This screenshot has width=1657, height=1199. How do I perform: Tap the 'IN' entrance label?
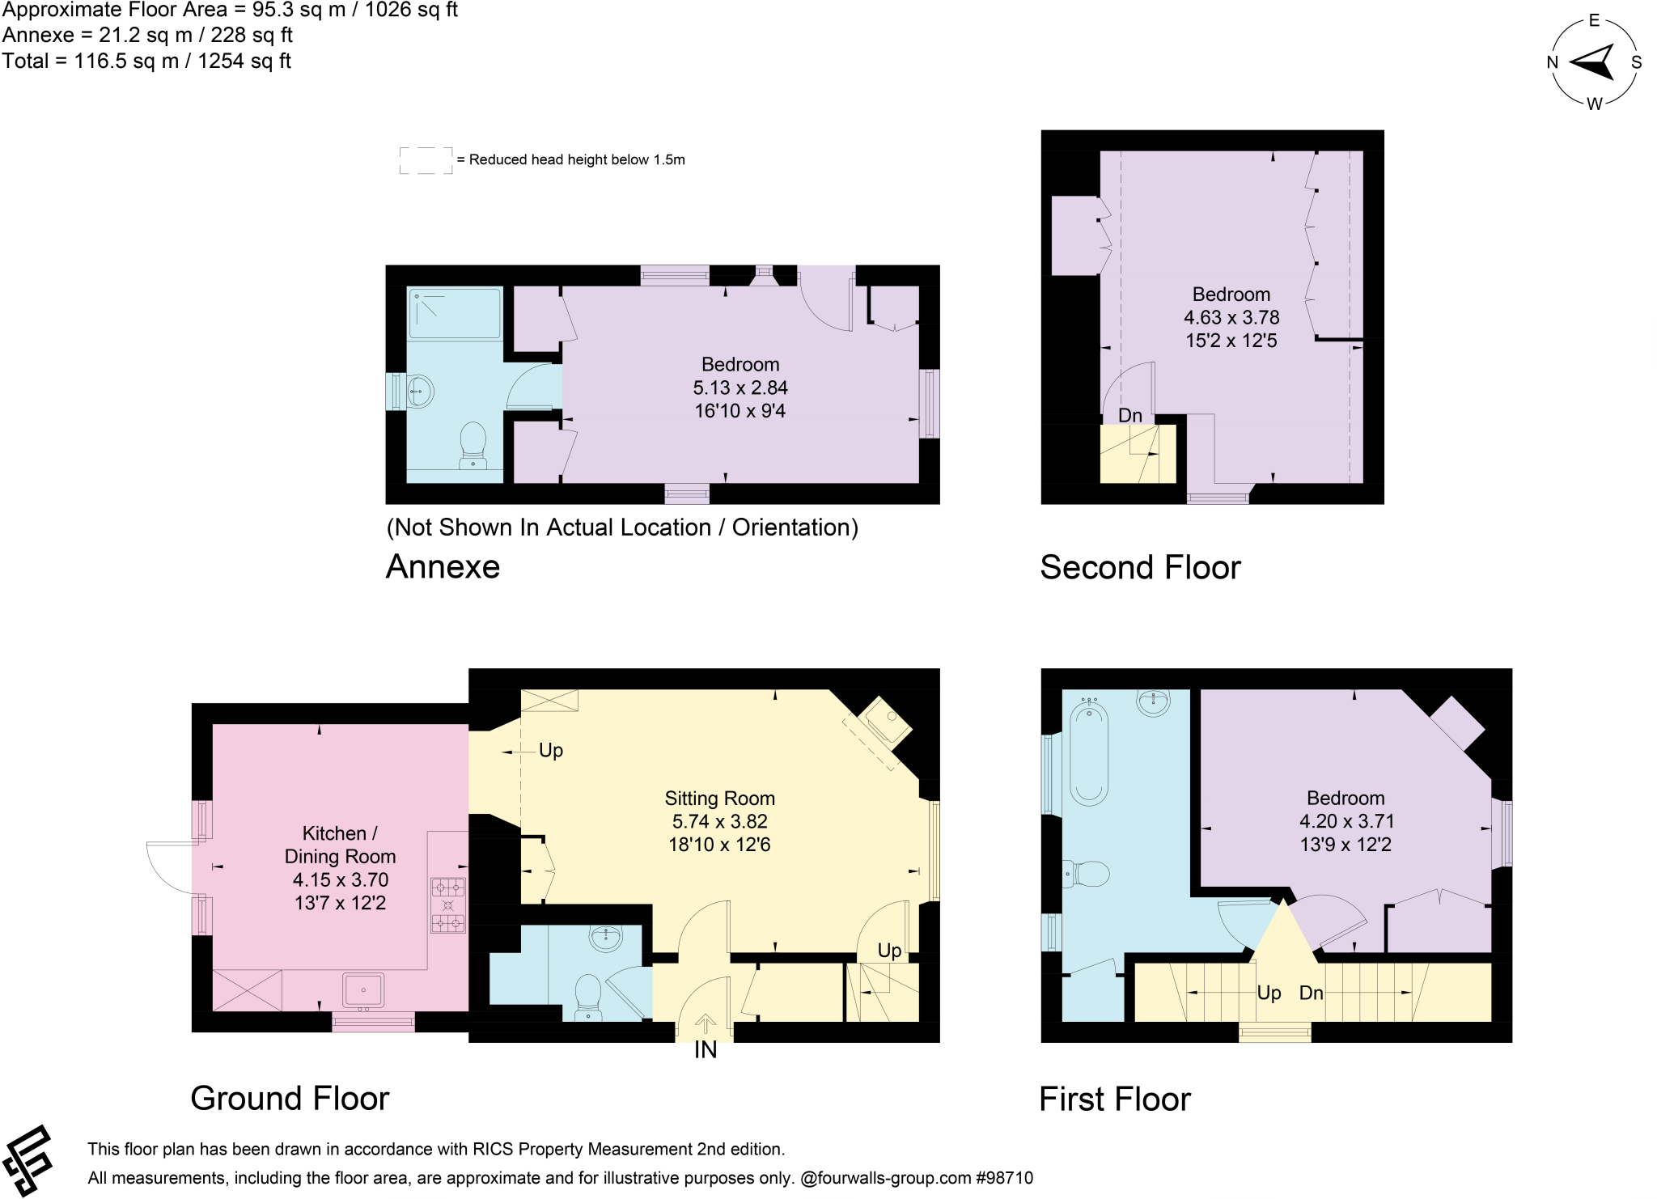point(705,1050)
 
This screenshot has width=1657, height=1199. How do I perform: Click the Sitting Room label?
point(719,799)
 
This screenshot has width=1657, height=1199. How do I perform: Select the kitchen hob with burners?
point(448,905)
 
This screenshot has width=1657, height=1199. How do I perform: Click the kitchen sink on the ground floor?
point(363,990)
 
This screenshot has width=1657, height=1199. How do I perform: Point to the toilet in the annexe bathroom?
point(473,446)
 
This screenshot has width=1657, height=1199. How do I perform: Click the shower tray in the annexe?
point(455,313)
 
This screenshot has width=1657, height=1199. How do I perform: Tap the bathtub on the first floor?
point(1089,752)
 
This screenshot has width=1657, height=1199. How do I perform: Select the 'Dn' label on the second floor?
point(1129,415)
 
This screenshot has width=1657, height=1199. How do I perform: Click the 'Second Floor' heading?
point(1139,567)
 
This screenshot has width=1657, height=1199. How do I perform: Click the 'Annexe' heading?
point(443,566)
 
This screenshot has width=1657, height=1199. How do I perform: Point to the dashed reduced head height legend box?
point(426,160)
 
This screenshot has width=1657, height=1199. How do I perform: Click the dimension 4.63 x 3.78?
point(1231,317)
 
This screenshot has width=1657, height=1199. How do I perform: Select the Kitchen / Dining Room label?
point(340,845)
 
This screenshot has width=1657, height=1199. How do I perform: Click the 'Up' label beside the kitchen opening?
point(551,751)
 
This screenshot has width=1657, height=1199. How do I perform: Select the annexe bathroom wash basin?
point(419,392)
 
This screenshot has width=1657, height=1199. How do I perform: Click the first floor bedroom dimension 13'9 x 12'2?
point(1346,845)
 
